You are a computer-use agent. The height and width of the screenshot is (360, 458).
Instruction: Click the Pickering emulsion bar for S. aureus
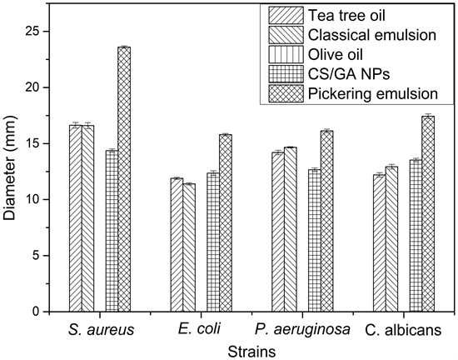point(124,179)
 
